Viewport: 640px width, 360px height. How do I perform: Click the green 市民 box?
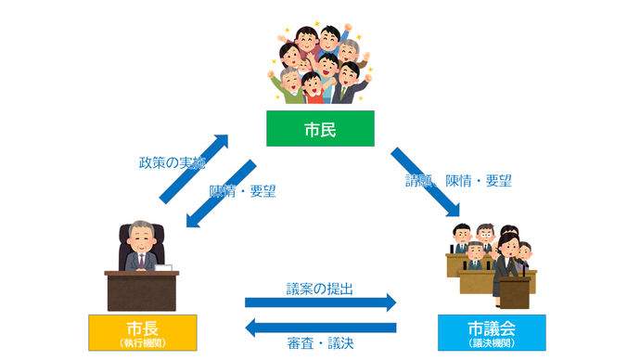pyautogui.click(x=319, y=129)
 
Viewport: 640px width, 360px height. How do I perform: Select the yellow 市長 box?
pyautogui.click(x=142, y=332)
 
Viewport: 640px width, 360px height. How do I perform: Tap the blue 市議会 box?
pyautogui.click(x=490, y=332)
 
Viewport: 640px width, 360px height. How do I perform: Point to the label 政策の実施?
pyautogui.click(x=167, y=162)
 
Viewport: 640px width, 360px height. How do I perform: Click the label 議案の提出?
pyautogui.click(x=319, y=289)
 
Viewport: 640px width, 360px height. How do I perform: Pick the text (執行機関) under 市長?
pyautogui.click(x=142, y=342)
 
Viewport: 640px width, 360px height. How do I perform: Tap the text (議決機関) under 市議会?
pyautogui.click(x=491, y=342)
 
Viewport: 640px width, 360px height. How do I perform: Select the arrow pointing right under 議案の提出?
pyautogui.click(x=320, y=303)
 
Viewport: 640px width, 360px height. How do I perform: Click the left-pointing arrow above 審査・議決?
pyautogui.click(x=320, y=327)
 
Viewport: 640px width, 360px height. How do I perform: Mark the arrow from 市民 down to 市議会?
pyautogui.click(x=426, y=182)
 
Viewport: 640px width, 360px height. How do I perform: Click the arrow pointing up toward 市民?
pyautogui.click(x=194, y=168)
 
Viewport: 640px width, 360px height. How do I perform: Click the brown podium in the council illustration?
pyautogui.click(x=512, y=290)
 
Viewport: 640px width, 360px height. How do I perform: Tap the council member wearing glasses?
pyautogui.click(x=475, y=251)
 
